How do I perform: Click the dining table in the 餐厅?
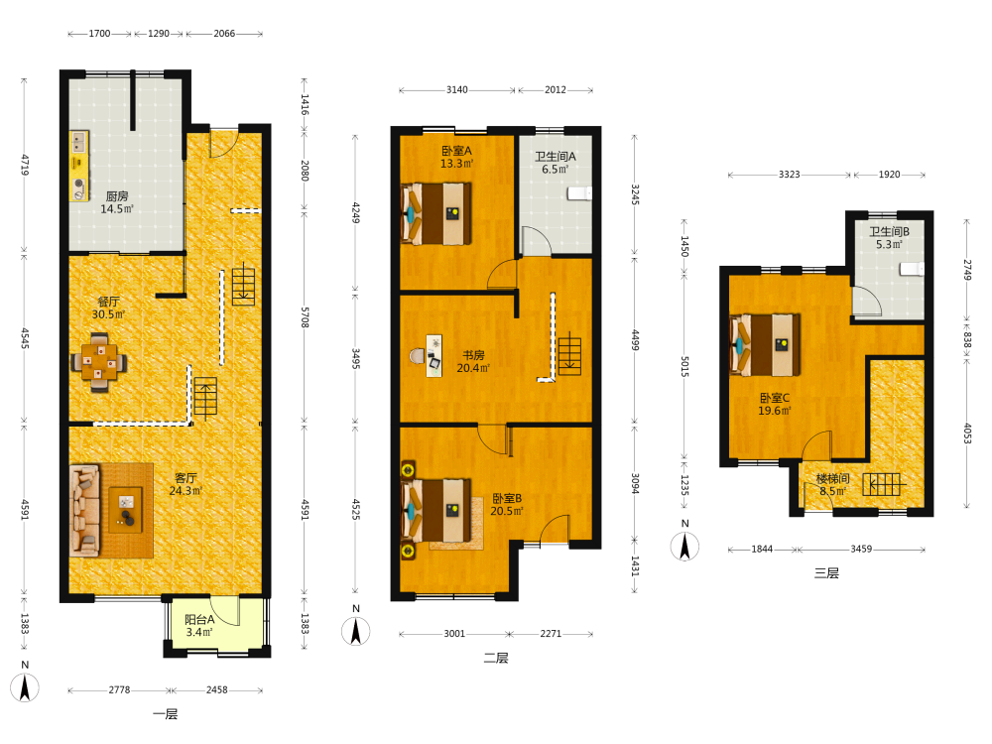[98, 363]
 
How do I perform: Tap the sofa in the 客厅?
[84, 510]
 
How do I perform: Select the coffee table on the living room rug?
[126, 509]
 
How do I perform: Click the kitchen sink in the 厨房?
[78, 141]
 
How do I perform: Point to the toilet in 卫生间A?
[579, 193]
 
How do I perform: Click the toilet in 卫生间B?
[912, 269]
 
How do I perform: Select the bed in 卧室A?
[436, 214]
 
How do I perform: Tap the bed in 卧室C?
[765, 345]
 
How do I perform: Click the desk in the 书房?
[434, 356]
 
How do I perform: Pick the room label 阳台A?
[199, 620]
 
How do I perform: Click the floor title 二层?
[496, 658]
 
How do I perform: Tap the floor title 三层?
[826, 573]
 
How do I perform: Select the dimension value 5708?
[305, 317]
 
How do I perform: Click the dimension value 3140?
[456, 90]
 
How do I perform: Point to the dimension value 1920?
[889, 175]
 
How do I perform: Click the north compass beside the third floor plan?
[684, 546]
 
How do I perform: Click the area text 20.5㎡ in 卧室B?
[507, 511]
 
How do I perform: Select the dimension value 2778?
[119, 689]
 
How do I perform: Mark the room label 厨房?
[117, 196]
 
